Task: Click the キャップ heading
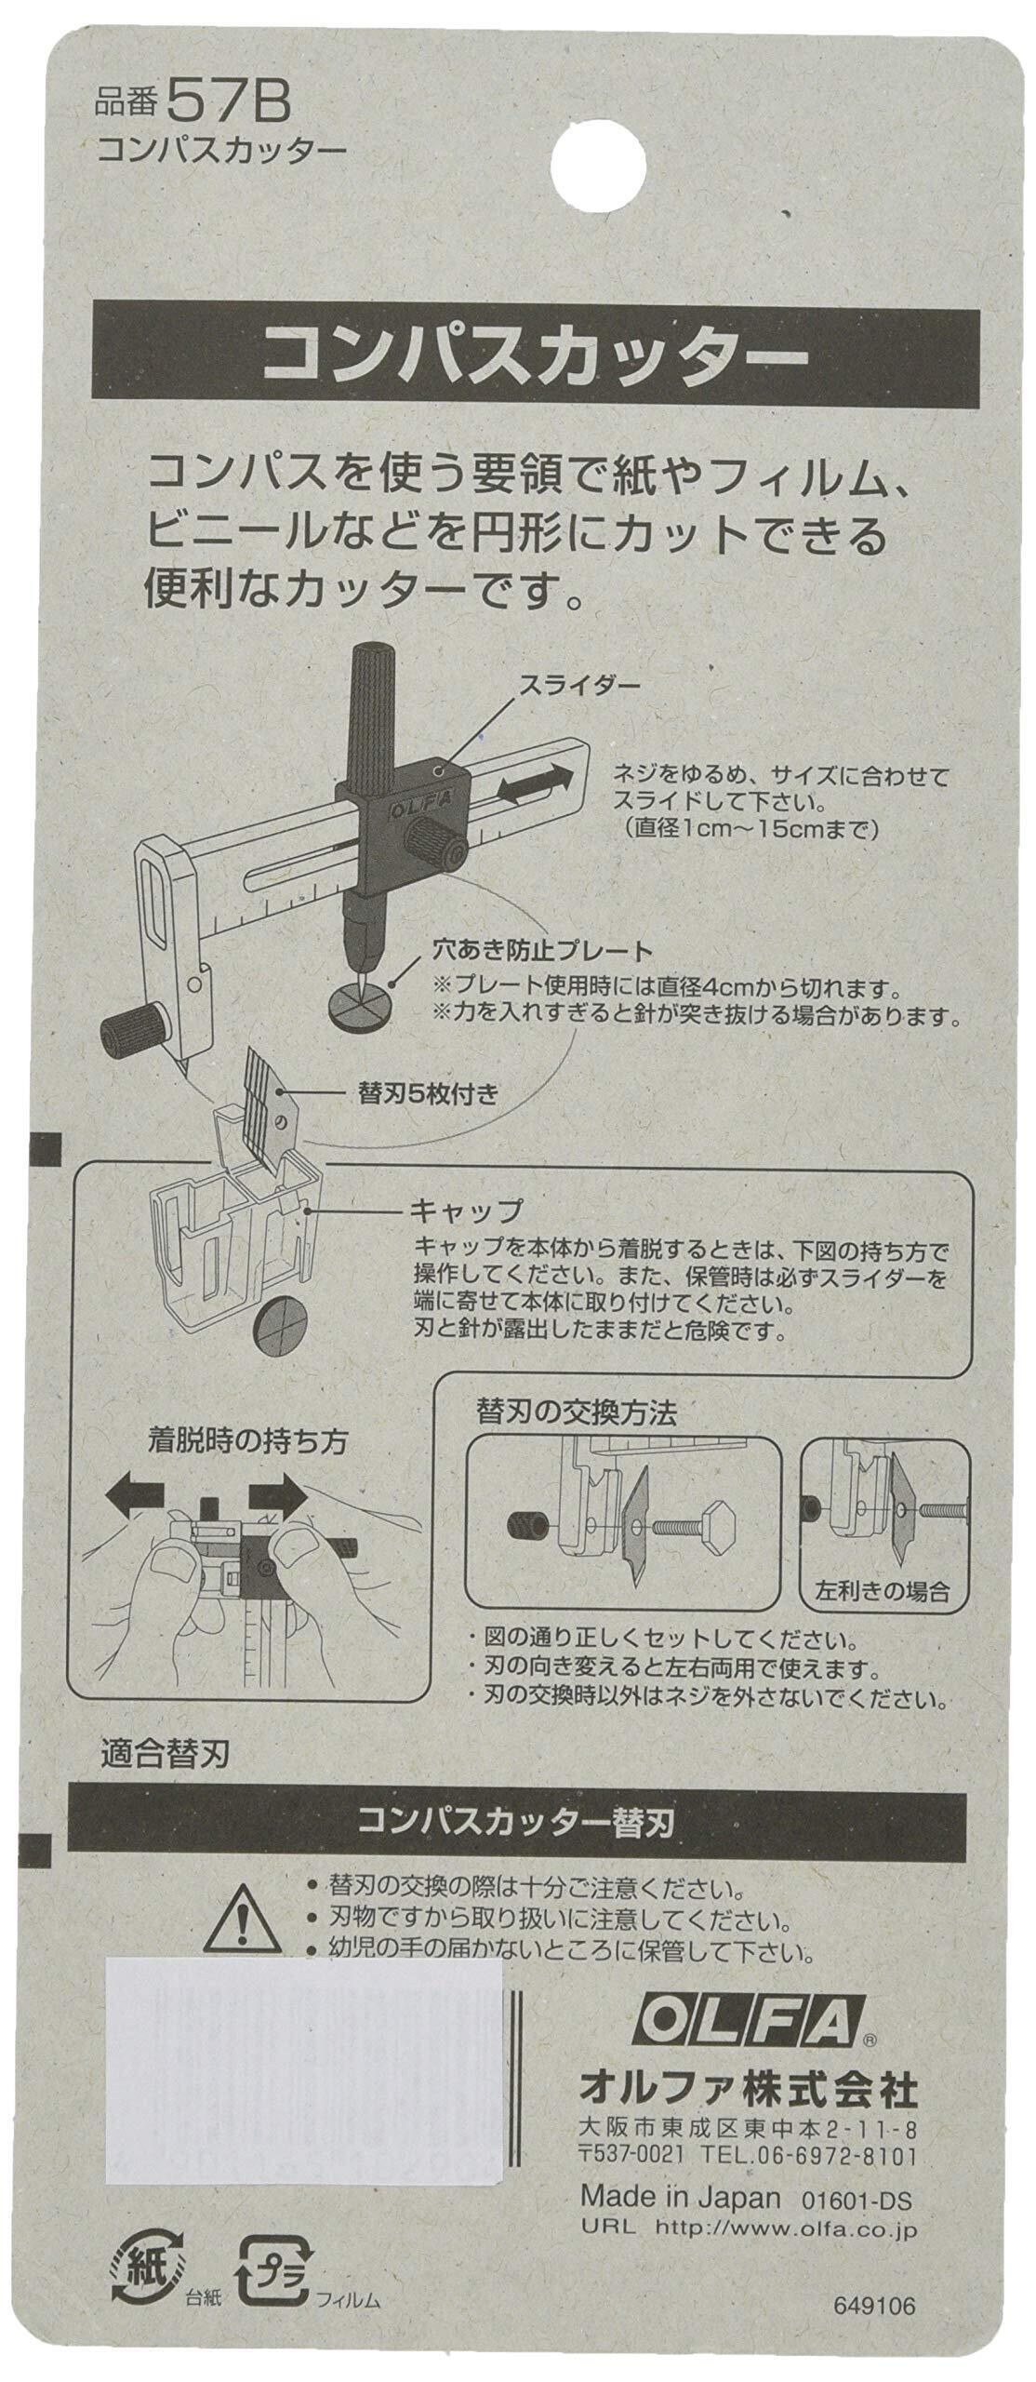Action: (x=466, y=1212)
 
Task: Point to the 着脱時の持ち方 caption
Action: (x=247, y=1416)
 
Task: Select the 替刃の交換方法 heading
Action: (x=575, y=1388)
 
